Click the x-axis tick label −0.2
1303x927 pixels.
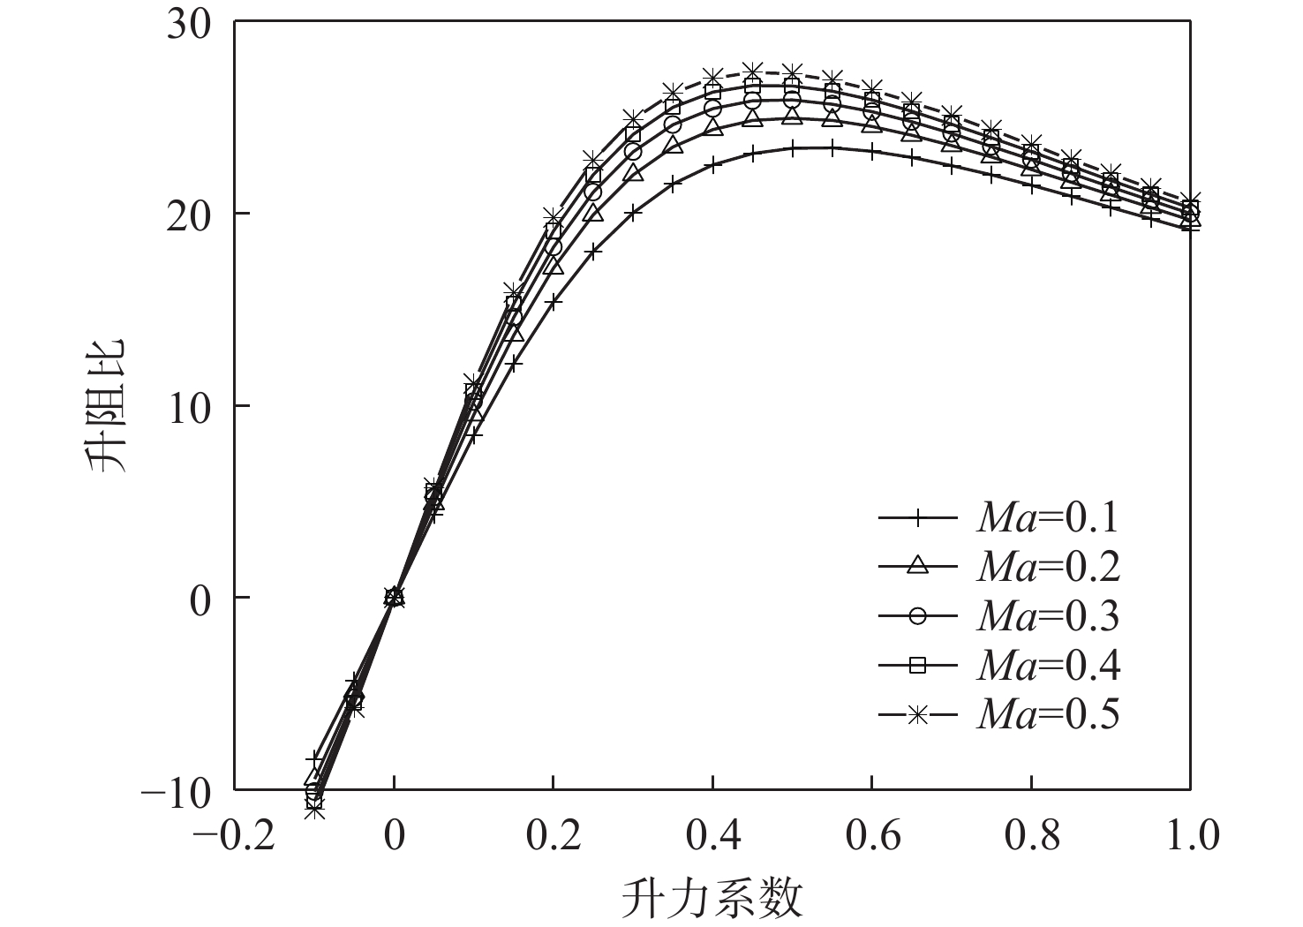[233, 834]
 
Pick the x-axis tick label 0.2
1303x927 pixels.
[553, 834]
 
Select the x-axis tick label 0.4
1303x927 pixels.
[712, 834]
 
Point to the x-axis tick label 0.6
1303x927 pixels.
[871, 834]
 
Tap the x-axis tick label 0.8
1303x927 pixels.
[1030, 834]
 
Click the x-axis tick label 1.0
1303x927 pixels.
[1189, 834]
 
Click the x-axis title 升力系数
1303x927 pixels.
[712, 898]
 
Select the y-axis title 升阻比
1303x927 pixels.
[107, 405]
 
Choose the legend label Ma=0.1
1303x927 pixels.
[1048, 518]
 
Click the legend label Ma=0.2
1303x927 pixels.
[1048, 568]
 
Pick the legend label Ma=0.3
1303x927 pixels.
[1048, 616]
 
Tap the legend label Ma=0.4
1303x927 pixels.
[1048, 666]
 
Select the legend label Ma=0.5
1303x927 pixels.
[1048, 714]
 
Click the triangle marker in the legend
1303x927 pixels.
[918, 566]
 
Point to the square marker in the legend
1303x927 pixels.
[918, 666]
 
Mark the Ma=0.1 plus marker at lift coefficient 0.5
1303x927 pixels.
[792, 149]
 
